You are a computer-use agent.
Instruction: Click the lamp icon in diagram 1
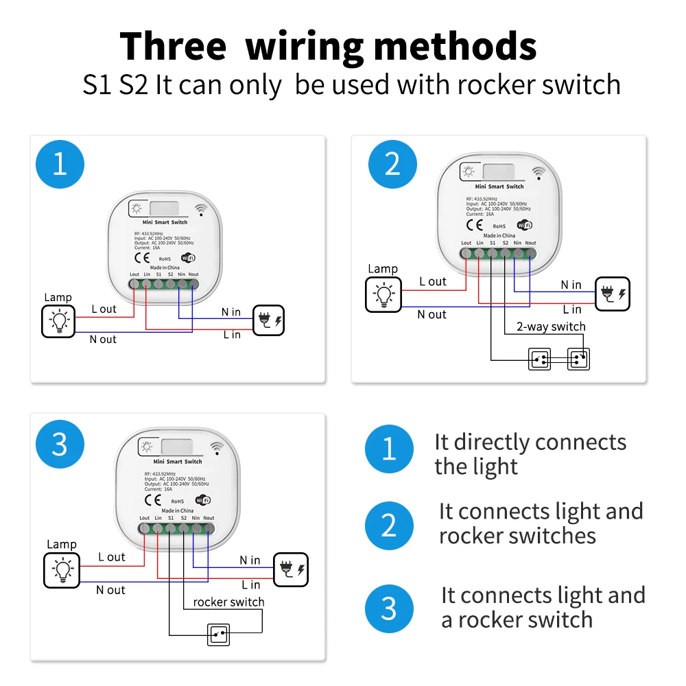[x=58, y=321]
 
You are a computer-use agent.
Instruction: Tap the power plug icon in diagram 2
[x=612, y=294]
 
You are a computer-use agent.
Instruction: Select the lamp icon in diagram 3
[x=61, y=569]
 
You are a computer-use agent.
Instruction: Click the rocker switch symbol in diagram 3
[x=219, y=635]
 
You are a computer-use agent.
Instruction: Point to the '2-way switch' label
[x=551, y=327]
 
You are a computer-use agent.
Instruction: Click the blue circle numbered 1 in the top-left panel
[x=60, y=165]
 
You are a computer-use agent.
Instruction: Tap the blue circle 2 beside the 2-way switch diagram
[x=392, y=165]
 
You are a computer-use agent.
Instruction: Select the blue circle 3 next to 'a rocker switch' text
[x=389, y=608]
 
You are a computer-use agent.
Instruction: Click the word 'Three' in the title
[x=173, y=47]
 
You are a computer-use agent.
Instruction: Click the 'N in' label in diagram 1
[x=230, y=312]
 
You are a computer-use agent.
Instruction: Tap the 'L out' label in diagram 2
[x=433, y=281]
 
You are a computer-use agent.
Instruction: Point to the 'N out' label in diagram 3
[x=110, y=590]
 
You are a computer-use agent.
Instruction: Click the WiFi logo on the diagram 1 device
[x=187, y=258]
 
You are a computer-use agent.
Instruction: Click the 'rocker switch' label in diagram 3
[x=228, y=602]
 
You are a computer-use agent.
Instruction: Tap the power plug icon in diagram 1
[x=268, y=320]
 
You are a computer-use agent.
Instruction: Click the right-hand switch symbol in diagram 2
[x=578, y=359]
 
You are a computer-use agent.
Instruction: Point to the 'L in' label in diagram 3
[x=250, y=584]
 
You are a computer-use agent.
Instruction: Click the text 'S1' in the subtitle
[x=99, y=85]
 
